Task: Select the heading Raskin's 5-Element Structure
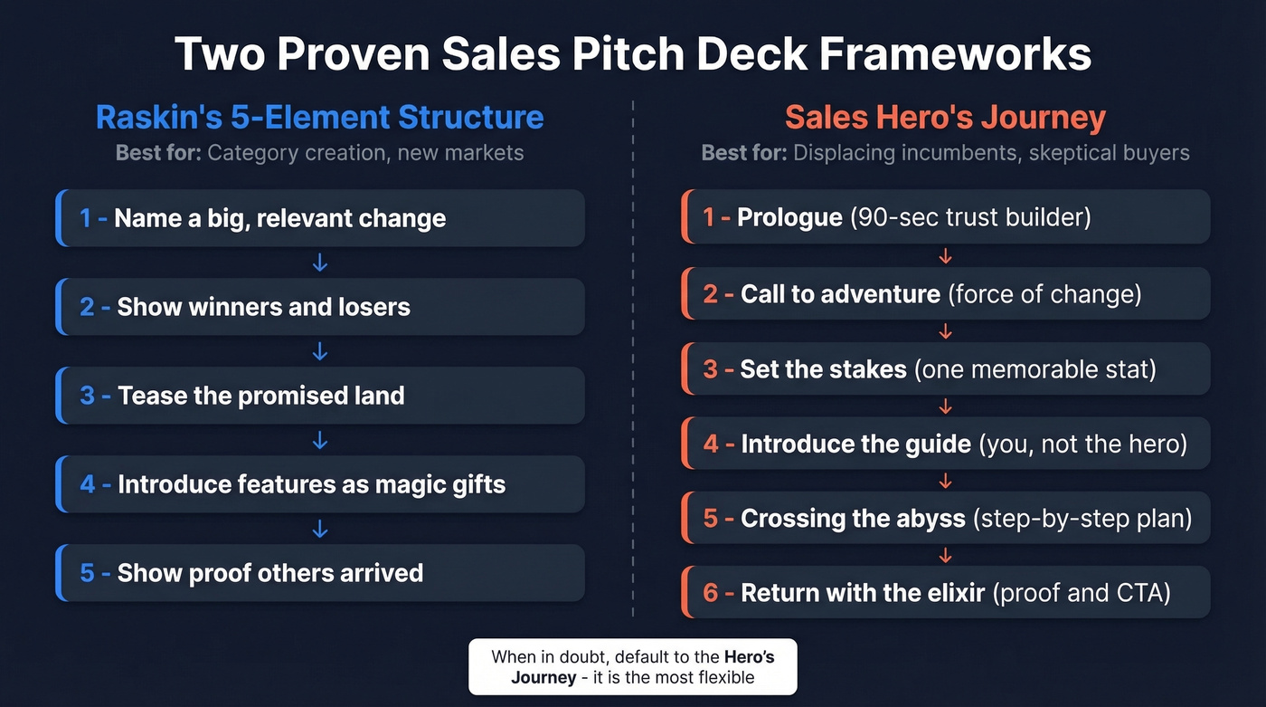[319, 118]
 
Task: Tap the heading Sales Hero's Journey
[945, 118]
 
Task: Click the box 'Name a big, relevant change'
[320, 218]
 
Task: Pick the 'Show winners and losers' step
[320, 307]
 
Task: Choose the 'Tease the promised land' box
[320, 396]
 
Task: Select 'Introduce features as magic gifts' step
[320, 484]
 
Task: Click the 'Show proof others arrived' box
[320, 573]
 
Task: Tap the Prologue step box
[945, 217]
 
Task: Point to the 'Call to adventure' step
[945, 293]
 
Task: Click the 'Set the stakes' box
[945, 368]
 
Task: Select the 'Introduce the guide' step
[945, 444]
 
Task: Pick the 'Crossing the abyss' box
[945, 518]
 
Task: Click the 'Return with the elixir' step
[945, 593]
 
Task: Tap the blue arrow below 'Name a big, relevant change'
[319, 263]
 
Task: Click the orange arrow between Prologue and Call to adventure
[945, 256]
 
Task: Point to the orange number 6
[711, 593]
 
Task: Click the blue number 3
[87, 396]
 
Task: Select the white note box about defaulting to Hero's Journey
[632, 667]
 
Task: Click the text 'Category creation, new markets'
[365, 152]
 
